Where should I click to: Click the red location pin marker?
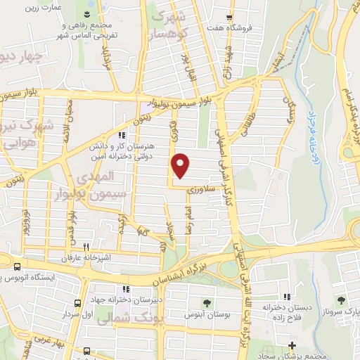point(181,165)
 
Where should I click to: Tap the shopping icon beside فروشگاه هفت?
point(230,17)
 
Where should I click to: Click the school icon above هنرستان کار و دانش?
point(122,134)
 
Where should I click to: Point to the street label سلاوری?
point(200,188)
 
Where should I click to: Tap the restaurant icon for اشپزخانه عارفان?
point(86,247)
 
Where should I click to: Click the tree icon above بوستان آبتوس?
point(208,302)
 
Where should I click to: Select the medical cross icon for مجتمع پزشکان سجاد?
point(291,345)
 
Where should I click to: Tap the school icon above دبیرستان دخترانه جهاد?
point(125,289)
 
